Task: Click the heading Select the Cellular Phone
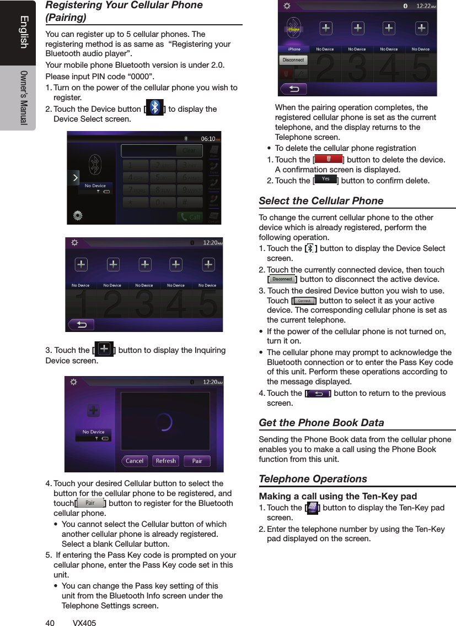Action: pos(321,200)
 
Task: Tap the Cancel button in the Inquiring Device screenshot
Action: pos(135,461)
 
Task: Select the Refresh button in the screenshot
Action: pos(165,461)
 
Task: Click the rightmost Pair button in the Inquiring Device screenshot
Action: pos(197,461)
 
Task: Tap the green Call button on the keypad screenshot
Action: pos(189,217)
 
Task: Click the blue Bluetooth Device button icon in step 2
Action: pos(154,107)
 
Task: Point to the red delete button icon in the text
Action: pos(328,159)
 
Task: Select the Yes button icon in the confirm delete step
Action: pos(325,179)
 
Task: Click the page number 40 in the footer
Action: pos(50,623)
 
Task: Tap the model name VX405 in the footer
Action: pos(84,623)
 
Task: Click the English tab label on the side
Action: pos(23,32)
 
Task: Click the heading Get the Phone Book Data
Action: pos(321,422)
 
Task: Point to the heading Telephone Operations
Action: pos(313,478)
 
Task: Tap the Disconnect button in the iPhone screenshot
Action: pos(293,60)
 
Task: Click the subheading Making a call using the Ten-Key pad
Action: pos(337,496)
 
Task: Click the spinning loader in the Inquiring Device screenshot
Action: pos(163,422)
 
